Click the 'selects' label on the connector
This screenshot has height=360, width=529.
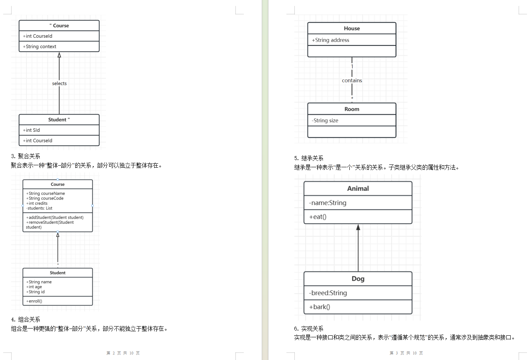coord(59,83)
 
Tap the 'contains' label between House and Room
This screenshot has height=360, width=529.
coord(352,80)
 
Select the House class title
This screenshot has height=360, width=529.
coord(352,28)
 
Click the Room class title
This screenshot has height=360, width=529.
coord(352,109)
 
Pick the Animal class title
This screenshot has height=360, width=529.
coord(358,189)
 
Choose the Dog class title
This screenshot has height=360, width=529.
coord(358,279)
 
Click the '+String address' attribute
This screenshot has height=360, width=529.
coord(330,40)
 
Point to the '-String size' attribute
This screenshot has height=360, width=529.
coord(325,121)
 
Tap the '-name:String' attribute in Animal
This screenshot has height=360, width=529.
coord(327,203)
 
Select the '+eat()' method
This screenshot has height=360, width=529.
coord(317,217)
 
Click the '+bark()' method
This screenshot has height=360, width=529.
coord(319,307)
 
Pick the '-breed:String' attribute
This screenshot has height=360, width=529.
coord(328,293)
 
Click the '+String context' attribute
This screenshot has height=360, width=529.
coord(39,47)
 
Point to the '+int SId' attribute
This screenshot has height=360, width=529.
coord(31,130)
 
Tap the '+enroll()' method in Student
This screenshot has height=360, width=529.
coord(34,301)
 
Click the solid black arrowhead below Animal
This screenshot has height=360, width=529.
coord(358,227)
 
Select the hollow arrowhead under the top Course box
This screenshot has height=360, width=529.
coord(59,55)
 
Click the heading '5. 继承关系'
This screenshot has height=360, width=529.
coord(309,158)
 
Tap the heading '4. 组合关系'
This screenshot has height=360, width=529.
coord(25,319)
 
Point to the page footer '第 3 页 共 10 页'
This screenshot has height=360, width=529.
coord(406,353)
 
